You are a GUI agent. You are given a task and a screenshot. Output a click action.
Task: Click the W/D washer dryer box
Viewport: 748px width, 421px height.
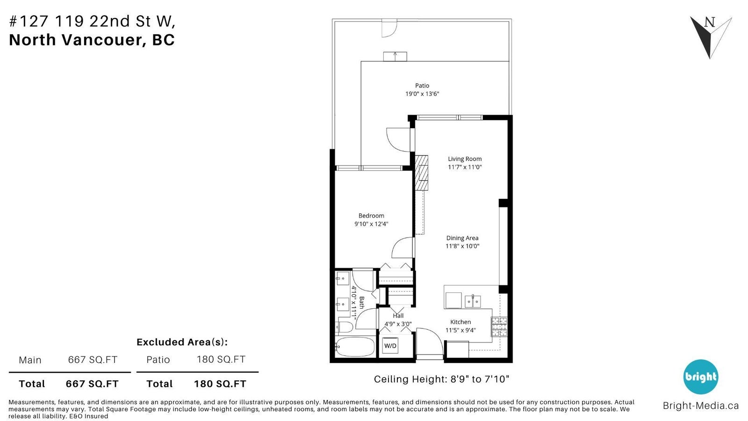pos(390,346)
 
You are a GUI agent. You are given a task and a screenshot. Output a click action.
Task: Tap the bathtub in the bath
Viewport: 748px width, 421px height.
pos(355,347)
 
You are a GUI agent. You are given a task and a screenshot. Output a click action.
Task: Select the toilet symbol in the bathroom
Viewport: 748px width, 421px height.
pos(345,327)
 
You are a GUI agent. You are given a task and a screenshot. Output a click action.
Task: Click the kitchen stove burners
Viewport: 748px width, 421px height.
pos(499,327)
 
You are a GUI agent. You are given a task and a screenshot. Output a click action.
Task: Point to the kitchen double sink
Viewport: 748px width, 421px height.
pos(473,301)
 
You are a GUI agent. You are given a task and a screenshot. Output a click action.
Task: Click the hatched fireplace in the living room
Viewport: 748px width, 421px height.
pos(421,173)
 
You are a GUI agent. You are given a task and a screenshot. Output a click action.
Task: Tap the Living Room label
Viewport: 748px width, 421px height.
pos(465,159)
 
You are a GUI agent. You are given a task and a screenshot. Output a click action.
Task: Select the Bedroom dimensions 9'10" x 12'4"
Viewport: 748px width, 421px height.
pos(371,224)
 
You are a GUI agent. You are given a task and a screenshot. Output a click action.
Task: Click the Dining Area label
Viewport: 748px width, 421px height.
pos(462,238)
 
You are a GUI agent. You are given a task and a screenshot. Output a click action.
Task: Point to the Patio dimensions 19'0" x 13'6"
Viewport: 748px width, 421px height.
pos(422,94)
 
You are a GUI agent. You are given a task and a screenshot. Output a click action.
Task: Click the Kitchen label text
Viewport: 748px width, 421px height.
pos(460,322)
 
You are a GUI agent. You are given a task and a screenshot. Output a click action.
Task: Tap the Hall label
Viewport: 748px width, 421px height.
pos(398,315)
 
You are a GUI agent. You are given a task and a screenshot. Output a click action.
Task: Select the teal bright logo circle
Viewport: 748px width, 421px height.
pos(701,377)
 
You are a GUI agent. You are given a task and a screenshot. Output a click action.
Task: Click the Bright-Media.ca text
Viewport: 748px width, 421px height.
pos(701,406)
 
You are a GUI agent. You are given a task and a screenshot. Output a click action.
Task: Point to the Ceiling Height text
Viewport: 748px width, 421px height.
pos(441,379)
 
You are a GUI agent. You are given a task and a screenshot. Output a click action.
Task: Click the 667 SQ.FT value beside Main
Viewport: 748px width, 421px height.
pos(93,360)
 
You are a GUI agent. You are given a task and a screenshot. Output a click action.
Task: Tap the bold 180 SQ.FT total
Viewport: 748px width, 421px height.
pos(220,384)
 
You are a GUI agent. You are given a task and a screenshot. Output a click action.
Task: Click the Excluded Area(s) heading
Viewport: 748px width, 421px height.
pos(182,342)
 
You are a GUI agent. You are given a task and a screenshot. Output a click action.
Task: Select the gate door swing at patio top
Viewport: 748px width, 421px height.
pos(389,28)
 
